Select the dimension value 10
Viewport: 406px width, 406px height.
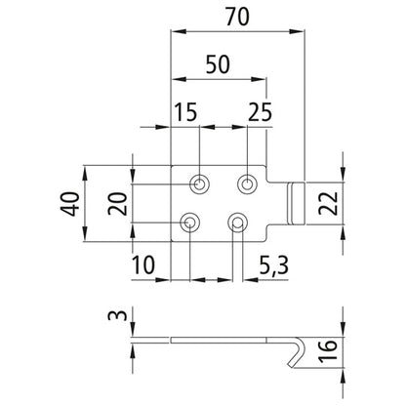[x=143, y=264]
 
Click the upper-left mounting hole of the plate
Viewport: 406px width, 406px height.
[x=199, y=183]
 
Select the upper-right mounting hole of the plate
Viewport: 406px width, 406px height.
[x=248, y=183]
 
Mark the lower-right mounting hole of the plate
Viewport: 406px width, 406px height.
[x=235, y=223]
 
